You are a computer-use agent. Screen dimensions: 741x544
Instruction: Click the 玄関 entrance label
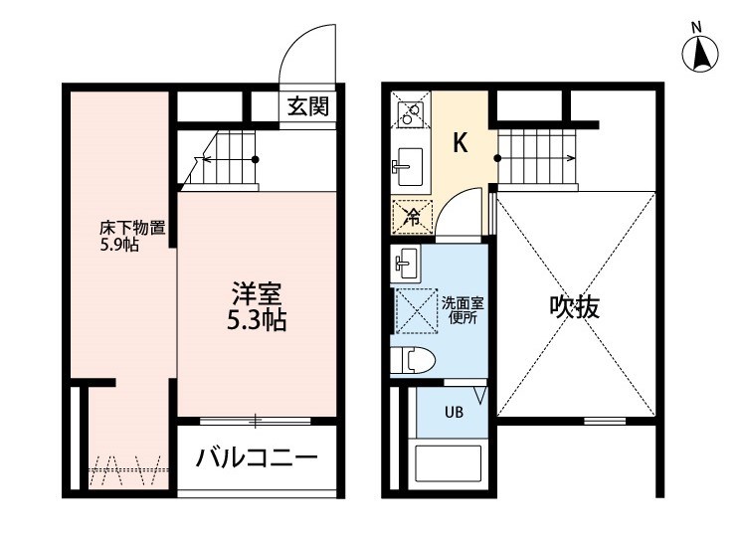pyautogui.click(x=308, y=105)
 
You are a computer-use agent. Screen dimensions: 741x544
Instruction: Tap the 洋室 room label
pyautogui.click(x=257, y=294)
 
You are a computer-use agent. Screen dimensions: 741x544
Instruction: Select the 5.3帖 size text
pyautogui.click(x=257, y=321)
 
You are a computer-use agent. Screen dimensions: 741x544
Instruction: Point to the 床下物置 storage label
pyautogui.click(x=132, y=229)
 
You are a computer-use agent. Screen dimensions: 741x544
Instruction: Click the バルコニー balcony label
pyautogui.click(x=257, y=458)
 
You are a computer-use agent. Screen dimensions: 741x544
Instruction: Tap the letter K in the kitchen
pyautogui.click(x=461, y=143)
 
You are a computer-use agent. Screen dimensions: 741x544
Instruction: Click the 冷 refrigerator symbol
pyautogui.click(x=413, y=218)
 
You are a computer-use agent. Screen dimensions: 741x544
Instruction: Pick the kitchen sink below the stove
pyautogui.click(x=409, y=166)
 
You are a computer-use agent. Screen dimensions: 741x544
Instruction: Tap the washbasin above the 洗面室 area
pyautogui.click(x=406, y=264)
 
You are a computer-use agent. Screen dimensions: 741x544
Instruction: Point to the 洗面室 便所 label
pyautogui.click(x=463, y=310)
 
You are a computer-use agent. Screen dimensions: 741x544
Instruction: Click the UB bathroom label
pyautogui.click(x=454, y=413)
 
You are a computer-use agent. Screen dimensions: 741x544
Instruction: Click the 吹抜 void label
pyautogui.click(x=574, y=307)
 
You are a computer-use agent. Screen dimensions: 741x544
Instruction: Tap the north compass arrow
pyautogui.click(x=700, y=54)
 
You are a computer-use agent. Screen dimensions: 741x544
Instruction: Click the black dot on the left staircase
pyautogui.click(x=256, y=160)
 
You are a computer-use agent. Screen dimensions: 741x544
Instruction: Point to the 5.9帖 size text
pyautogui.click(x=119, y=245)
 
